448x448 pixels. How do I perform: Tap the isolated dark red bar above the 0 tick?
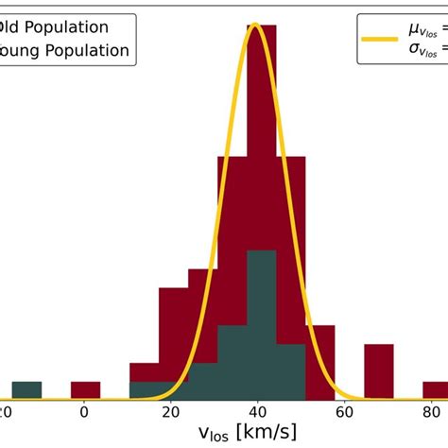[x=85, y=389]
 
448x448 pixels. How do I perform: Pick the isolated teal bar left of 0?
[x=26, y=389]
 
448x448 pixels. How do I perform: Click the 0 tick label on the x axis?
[x=85, y=412]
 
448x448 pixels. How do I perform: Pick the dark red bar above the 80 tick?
[x=437, y=389]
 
